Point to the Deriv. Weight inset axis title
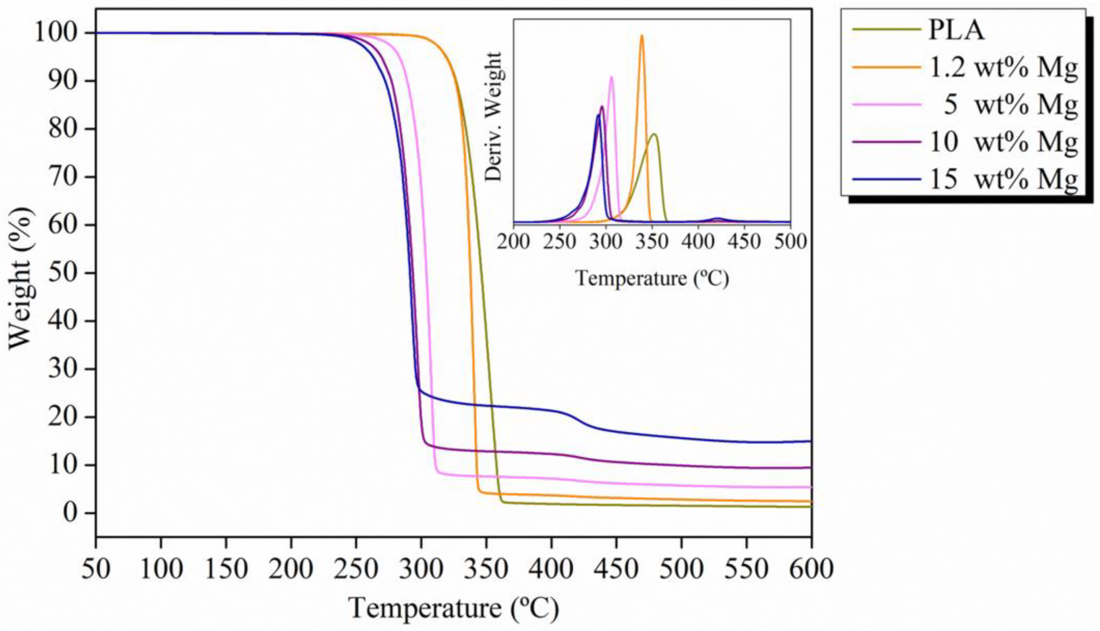(x=493, y=117)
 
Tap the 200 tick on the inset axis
(x=514, y=241)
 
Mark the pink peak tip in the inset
(x=612, y=77)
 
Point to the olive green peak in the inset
(x=654, y=134)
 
